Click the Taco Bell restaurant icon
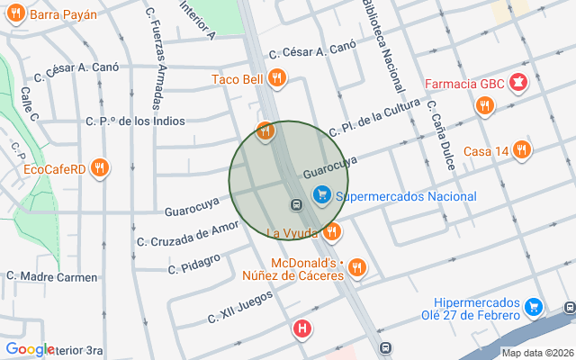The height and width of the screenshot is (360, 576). point(276,78)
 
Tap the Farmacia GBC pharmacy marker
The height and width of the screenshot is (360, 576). point(518,84)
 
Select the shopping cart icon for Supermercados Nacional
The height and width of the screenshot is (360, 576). point(321,194)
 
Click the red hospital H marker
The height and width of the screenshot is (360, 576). point(303,330)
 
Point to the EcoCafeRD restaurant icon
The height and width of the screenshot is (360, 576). point(100,167)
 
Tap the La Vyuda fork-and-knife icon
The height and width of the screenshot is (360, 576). point(331,232)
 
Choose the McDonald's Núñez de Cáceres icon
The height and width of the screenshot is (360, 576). point(357,267)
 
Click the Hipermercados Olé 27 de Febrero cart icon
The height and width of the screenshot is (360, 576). point(535,308)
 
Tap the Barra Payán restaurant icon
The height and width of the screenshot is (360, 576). point(15,14)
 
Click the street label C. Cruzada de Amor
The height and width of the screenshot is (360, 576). point(188,233)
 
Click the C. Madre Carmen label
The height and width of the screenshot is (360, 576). point(51,277)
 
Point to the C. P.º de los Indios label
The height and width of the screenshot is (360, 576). point(135,121)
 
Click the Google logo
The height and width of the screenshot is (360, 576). point(29,349)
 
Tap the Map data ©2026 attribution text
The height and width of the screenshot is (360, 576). point(536,353)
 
